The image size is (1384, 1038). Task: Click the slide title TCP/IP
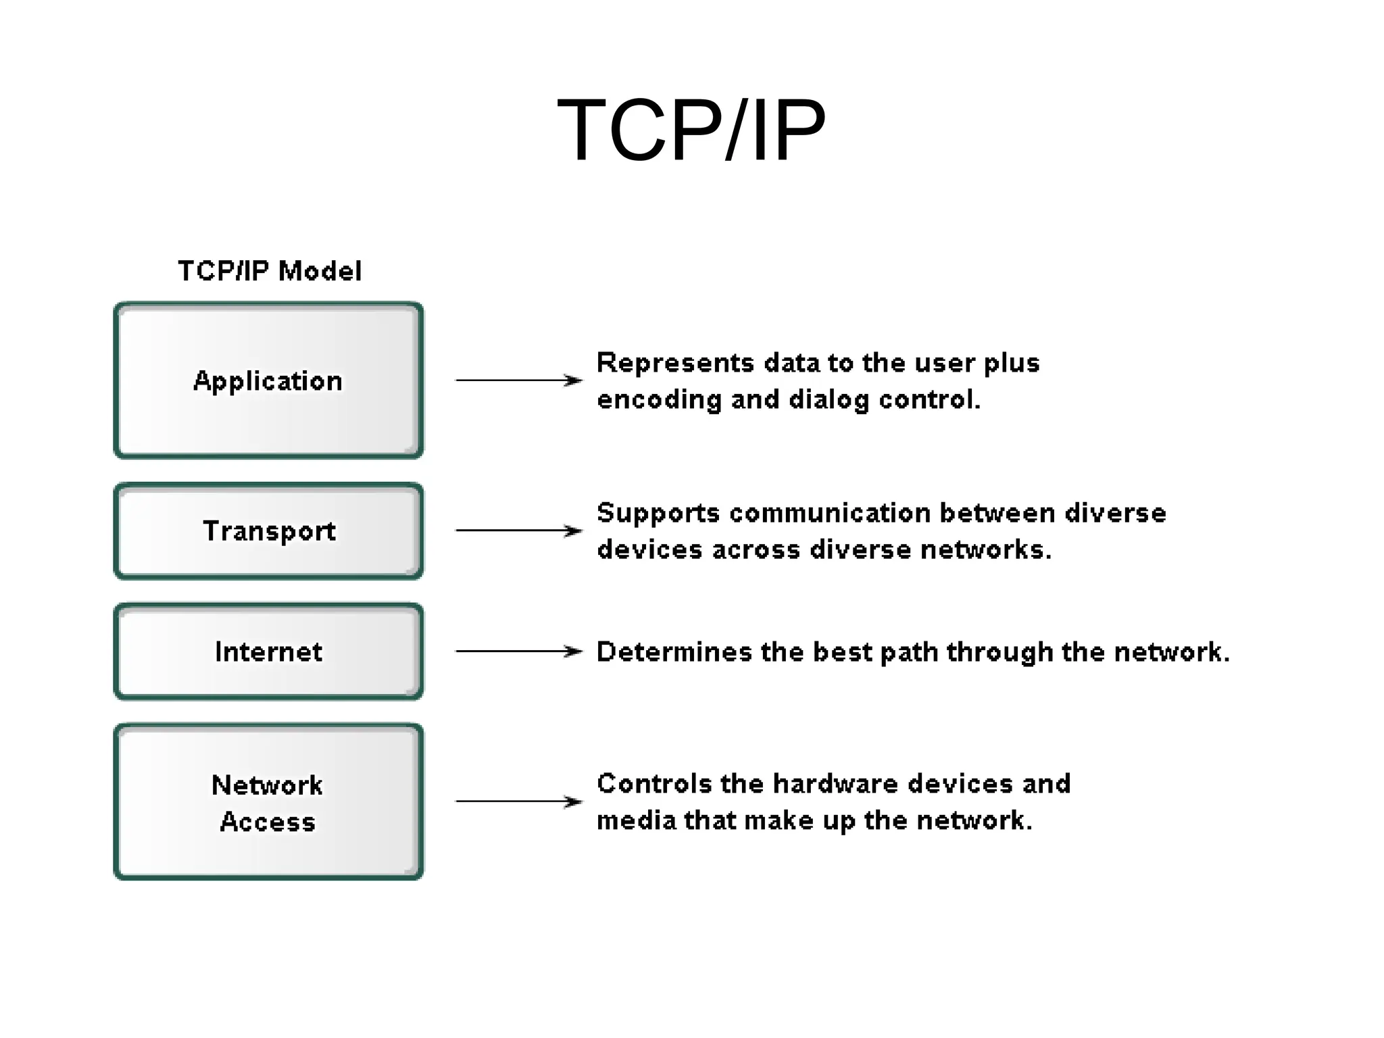coord(691,130)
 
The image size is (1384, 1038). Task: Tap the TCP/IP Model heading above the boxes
coord(269,271)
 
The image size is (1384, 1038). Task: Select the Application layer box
coord(268,380)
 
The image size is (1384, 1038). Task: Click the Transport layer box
coord(268,531)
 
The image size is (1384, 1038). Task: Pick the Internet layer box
coord(268,651)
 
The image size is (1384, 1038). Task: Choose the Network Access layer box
coord(268,802)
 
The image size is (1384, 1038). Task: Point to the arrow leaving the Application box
coord(518,380)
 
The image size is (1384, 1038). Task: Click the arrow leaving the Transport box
coord(518,530)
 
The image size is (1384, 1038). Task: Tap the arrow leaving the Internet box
coord(518,651)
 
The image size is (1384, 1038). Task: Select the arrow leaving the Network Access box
coord(518,801)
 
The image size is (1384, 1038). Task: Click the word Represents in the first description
coord(674,364)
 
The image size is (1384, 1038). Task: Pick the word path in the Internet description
coord(908,653)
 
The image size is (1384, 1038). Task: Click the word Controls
coord(654,784)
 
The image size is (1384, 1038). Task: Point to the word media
coord(636,820)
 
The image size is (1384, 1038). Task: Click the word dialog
coord(829,400)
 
